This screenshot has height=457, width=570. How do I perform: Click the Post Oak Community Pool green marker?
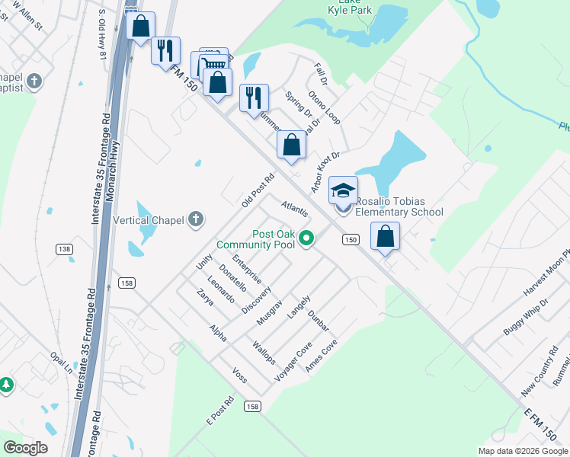click(x=306, y=239)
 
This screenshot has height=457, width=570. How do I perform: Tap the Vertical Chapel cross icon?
click(x=197, y=219)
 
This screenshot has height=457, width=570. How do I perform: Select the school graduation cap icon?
click(x=343, y=190)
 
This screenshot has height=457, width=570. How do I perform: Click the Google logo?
click(x=25, y=448)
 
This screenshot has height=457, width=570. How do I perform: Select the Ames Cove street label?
click(x=321, y=356)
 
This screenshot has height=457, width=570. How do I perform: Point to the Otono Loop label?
click(x=324, y=107)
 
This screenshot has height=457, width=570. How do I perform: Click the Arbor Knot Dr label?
click(x=324, y=172)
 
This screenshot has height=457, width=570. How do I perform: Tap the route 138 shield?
click(x=64, y=249)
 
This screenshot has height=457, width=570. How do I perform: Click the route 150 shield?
click(x=350, y=240)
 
